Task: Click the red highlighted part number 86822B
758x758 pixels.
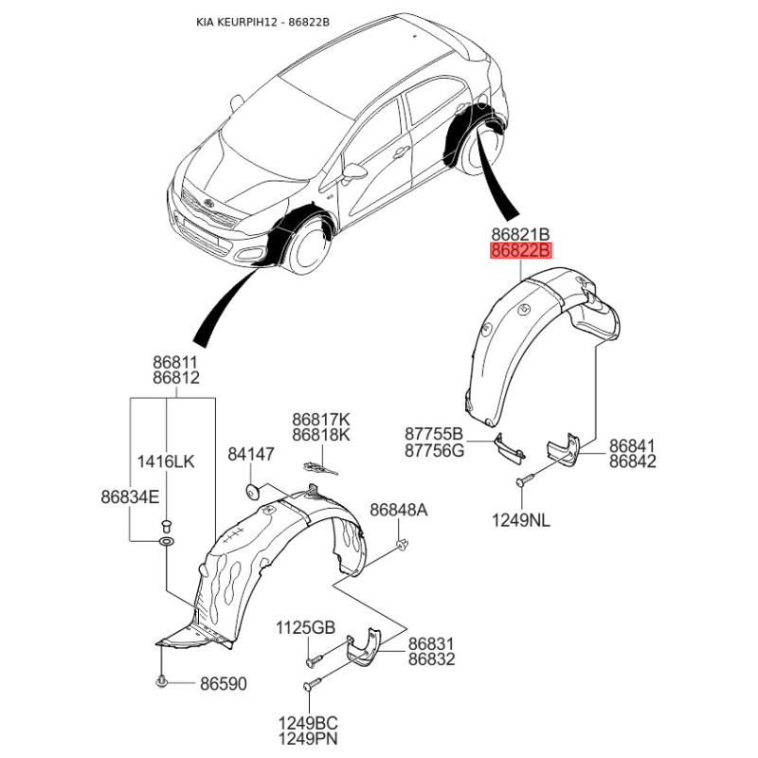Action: coord(519,251)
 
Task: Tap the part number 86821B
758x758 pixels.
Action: coord(519,233)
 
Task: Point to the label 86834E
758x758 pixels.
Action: coord(130,496)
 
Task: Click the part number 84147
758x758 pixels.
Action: coord(250,455)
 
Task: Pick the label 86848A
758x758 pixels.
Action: coord(398,511)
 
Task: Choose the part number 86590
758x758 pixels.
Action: coord(223,682)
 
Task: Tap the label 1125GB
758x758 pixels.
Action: coord(306,627)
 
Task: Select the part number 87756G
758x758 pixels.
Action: coord(434,450)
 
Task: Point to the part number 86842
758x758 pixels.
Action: coord(632,461)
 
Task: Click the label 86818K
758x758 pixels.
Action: coord(320,435)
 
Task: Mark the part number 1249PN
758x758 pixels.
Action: coord(306,739)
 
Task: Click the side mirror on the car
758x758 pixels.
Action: coord(355,172)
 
